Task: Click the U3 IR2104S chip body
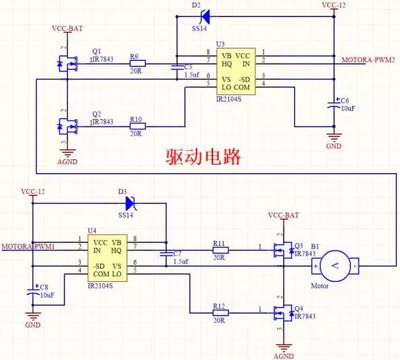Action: [234, 71]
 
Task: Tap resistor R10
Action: [136, 127]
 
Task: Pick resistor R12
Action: [219, 313]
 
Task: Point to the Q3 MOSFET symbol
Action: [283, 250]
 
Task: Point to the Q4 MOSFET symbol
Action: [283, 313]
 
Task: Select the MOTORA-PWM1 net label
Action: [28, 246]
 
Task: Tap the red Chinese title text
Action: [203, 156]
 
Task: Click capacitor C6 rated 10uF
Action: [334, 105]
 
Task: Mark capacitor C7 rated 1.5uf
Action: [166, 258]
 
